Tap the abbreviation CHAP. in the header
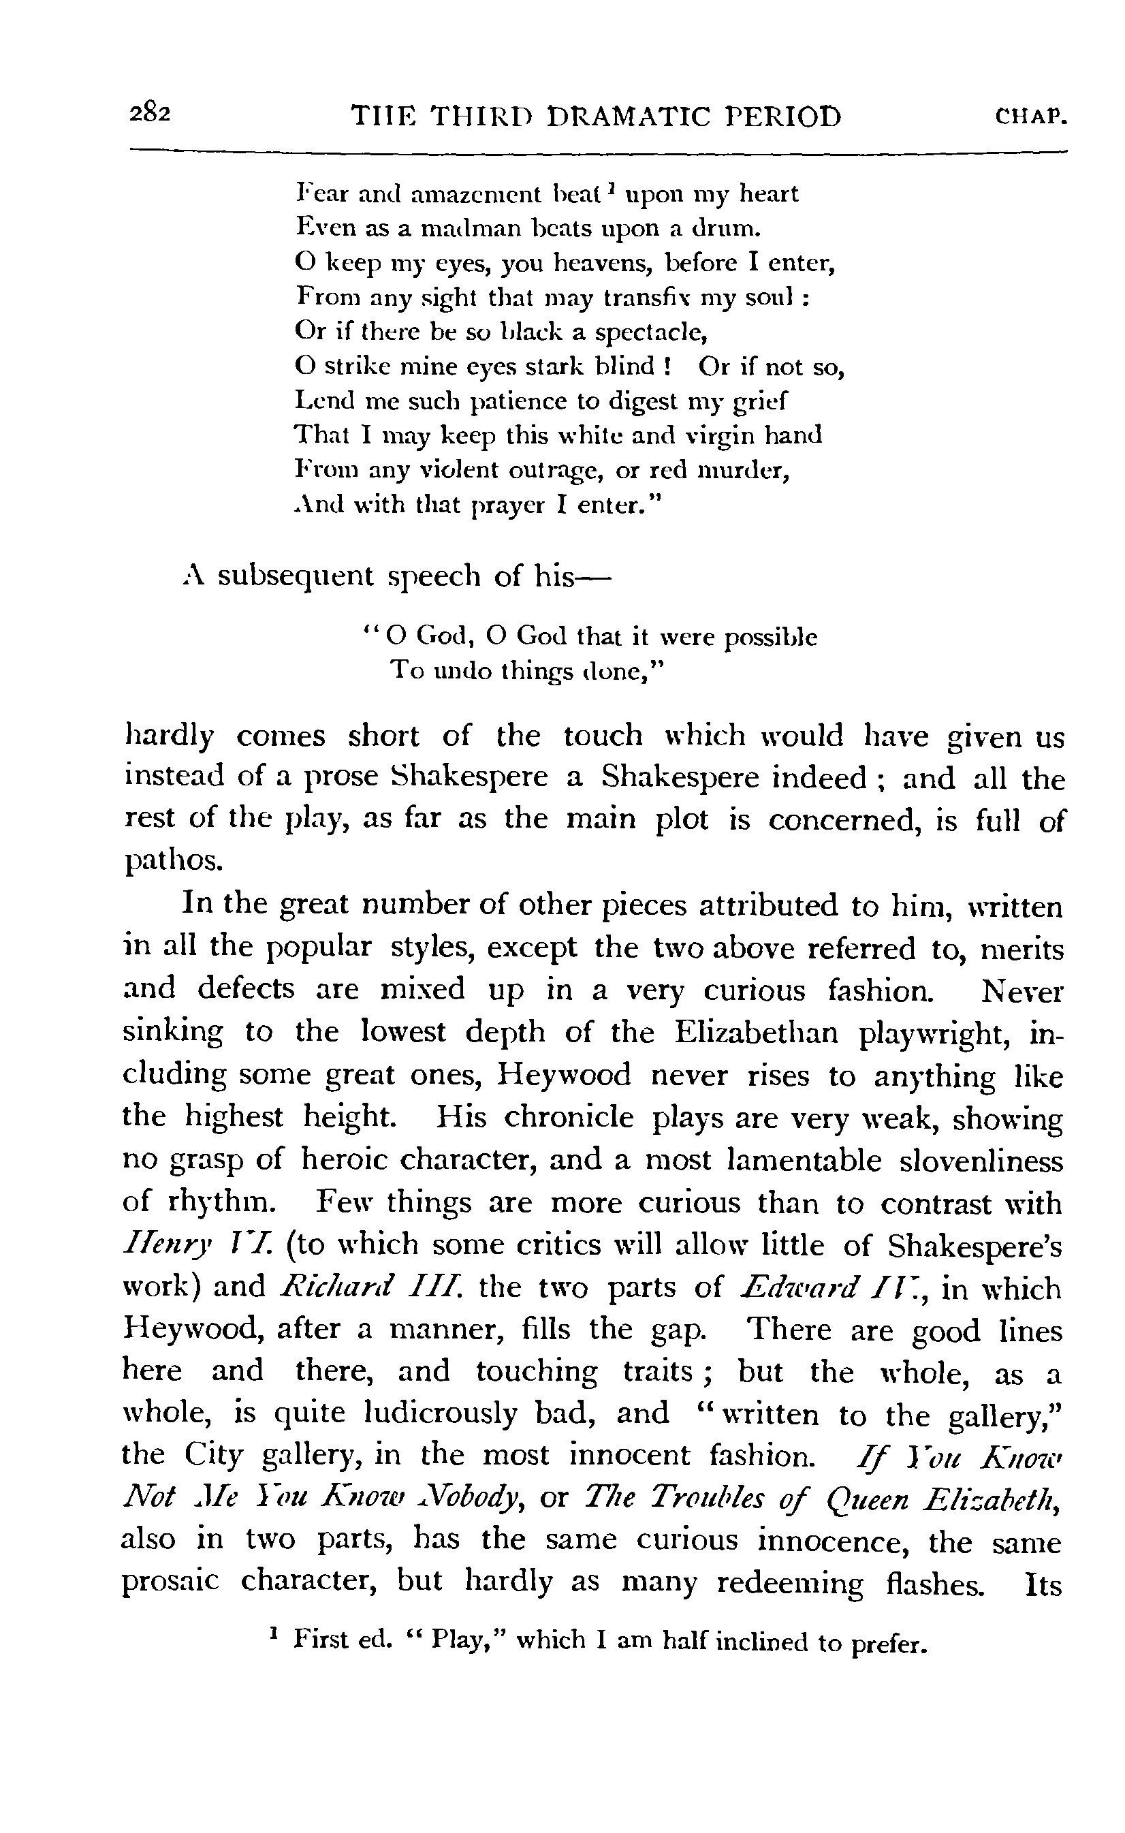click(1030, 118)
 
